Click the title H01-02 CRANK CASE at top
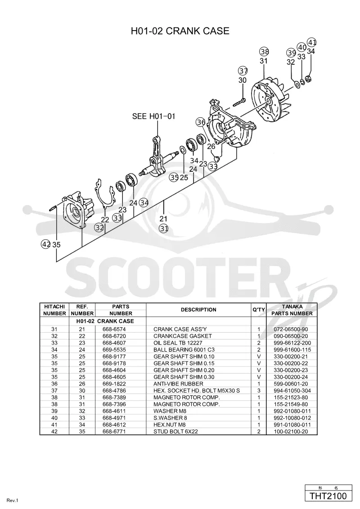point(180,31)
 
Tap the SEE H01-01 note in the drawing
point(154,116)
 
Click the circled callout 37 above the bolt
point(243,71)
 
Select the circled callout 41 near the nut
point(312,43)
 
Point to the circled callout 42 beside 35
point(46,244)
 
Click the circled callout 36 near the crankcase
point(201,122)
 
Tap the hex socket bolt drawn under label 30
point(239,101)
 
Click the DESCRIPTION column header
point(198,310)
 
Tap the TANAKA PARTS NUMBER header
point(292,310)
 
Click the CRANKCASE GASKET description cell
point(183,336)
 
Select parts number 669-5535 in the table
point(114,350)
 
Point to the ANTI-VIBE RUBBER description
point(178,384)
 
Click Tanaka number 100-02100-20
point(291,431)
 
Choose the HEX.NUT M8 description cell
point(170,424)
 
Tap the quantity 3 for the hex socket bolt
point(259,390)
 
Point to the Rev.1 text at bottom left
point(12,500)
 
